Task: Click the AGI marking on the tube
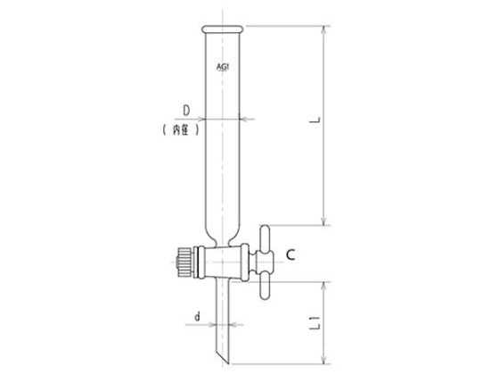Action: click(223, 67)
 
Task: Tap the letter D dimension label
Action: click(186, 111)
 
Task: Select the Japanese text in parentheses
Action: click(181, 129)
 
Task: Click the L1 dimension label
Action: click(315, 322)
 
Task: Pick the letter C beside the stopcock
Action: click(290, 254)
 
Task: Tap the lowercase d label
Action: click(198, 316)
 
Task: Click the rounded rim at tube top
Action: click(223, 29)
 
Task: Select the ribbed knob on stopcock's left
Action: click(184, 262)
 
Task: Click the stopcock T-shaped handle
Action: click(265, 262)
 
